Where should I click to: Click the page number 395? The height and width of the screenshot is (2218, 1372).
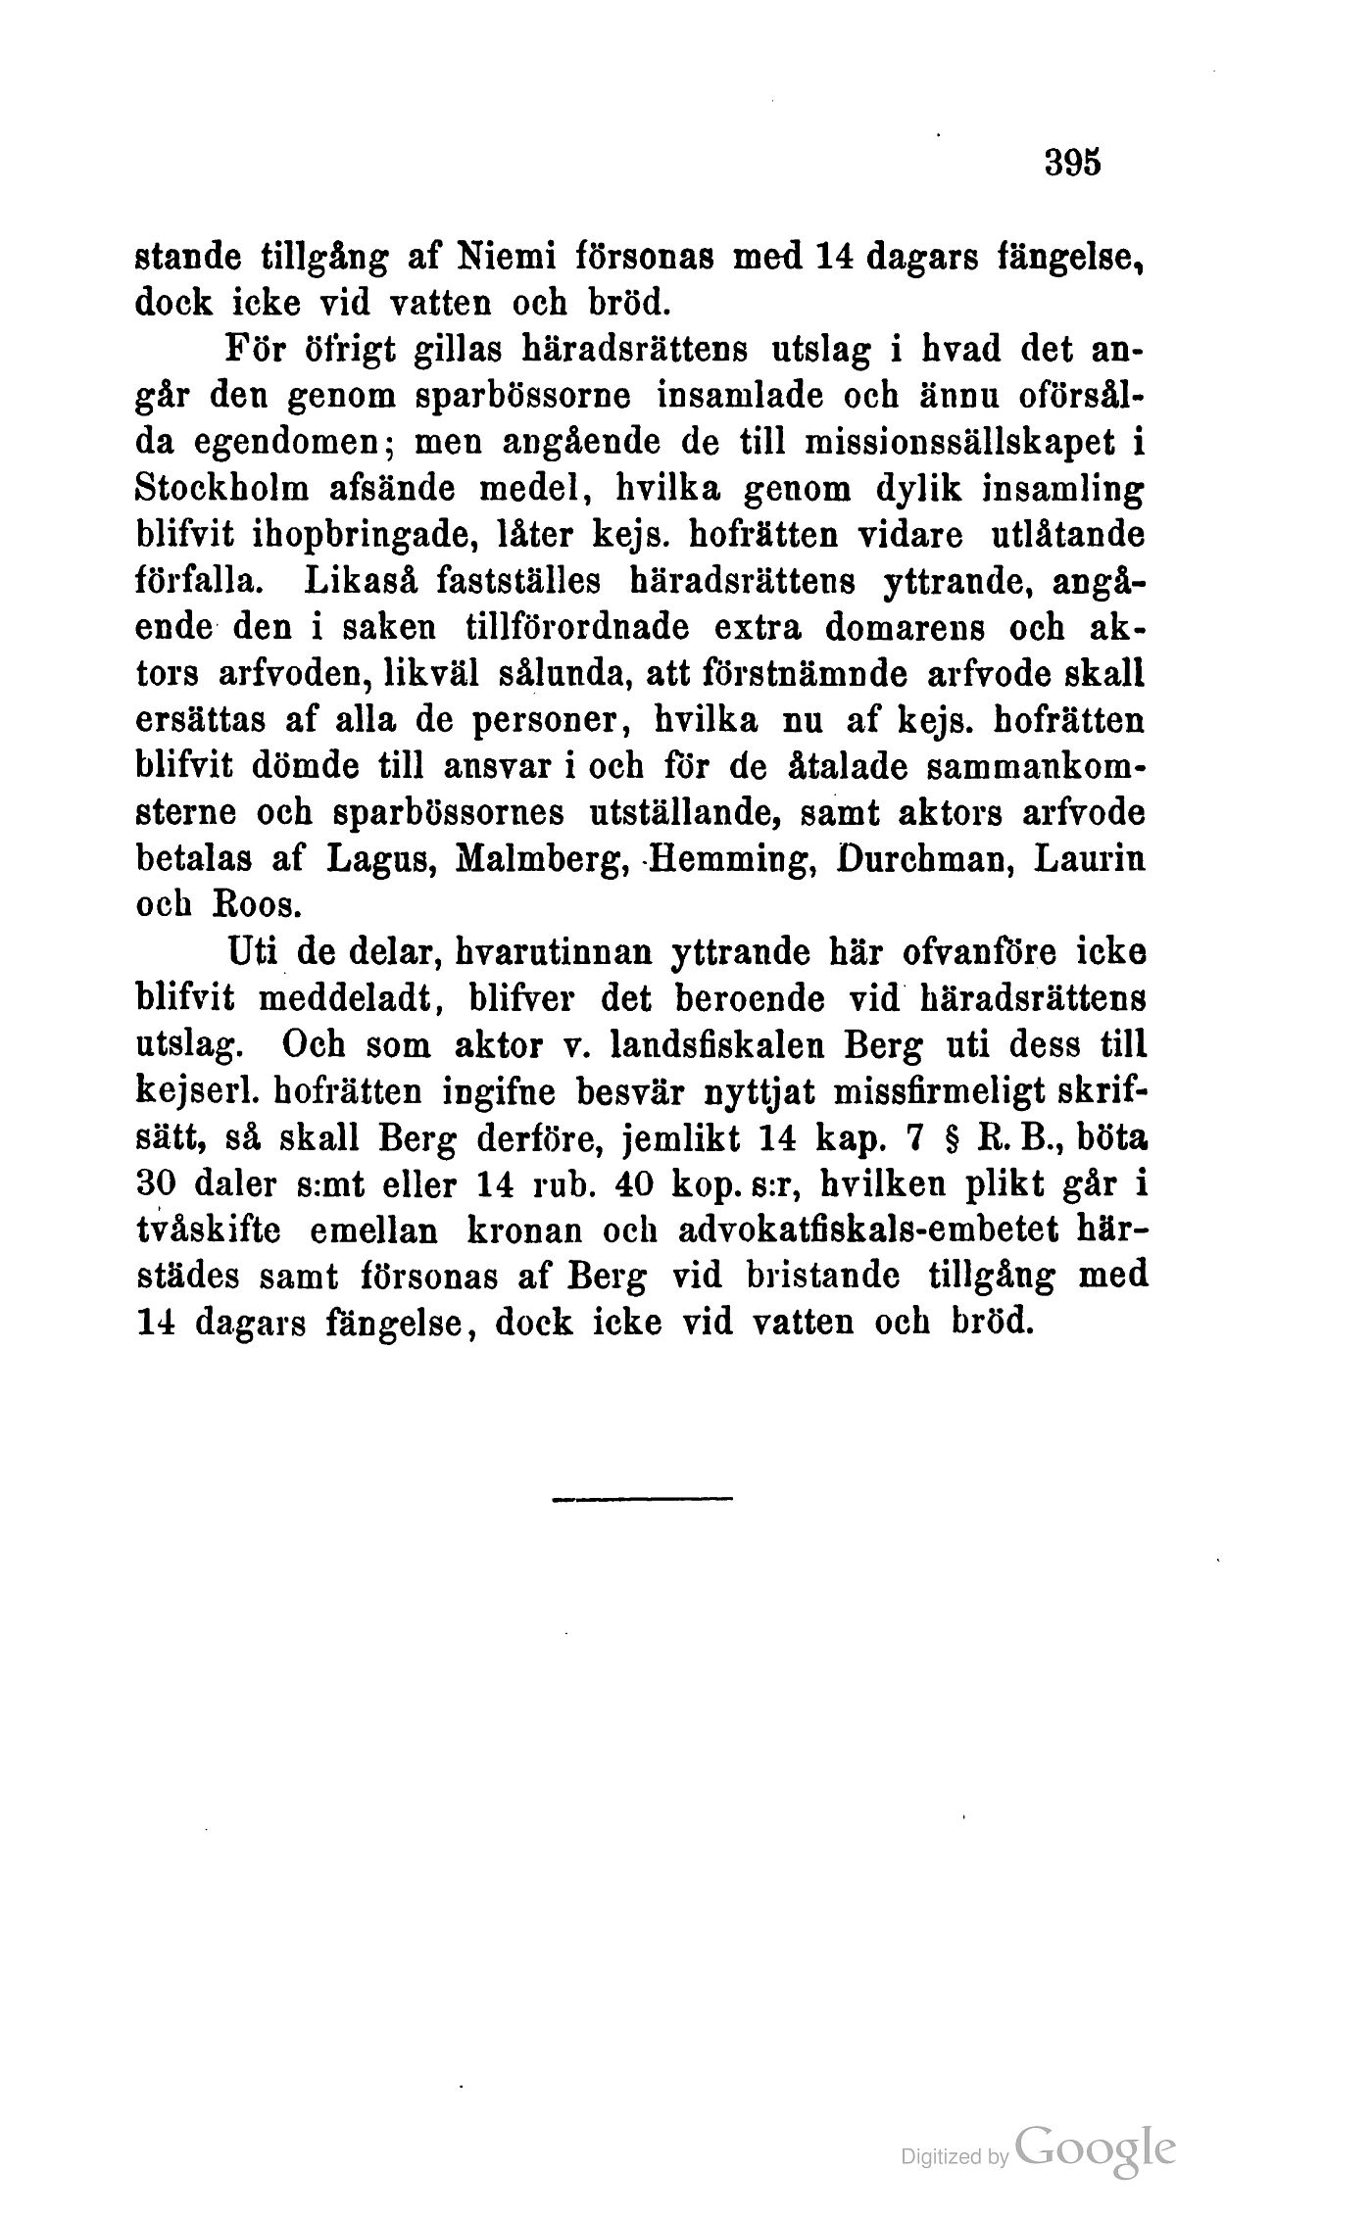[1074, 163]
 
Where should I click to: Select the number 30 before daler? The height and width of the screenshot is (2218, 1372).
[152, 1185]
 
